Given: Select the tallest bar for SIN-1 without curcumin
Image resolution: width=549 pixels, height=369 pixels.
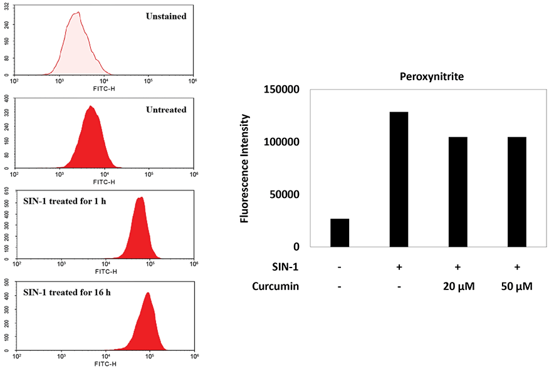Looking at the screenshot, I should pos(399,179).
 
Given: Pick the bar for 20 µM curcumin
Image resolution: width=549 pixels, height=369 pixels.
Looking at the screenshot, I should pos(458,192).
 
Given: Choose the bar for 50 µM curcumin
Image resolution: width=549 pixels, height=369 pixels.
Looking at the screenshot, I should pos(517,192).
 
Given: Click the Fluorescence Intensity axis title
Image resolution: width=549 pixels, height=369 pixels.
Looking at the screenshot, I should pos(245,169).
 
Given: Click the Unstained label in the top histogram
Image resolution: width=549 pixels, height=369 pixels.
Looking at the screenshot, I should pos(165,16).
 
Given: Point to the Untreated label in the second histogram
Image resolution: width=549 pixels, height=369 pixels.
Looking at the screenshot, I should pos(165,110).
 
